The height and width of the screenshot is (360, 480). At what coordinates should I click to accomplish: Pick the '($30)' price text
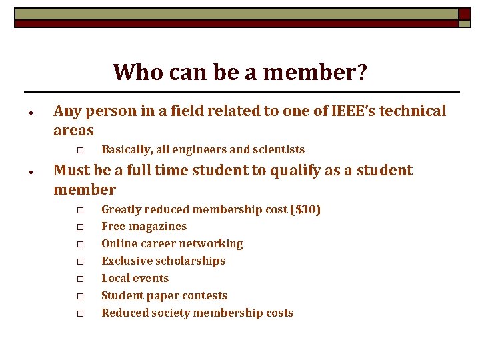(x=305, y=210)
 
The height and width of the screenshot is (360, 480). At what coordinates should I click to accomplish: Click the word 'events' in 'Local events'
(x=150, y=279)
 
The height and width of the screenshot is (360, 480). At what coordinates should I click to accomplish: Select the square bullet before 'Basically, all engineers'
(x=79, y=151)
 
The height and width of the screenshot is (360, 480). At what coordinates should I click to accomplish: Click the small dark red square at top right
(x=464, y=14)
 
